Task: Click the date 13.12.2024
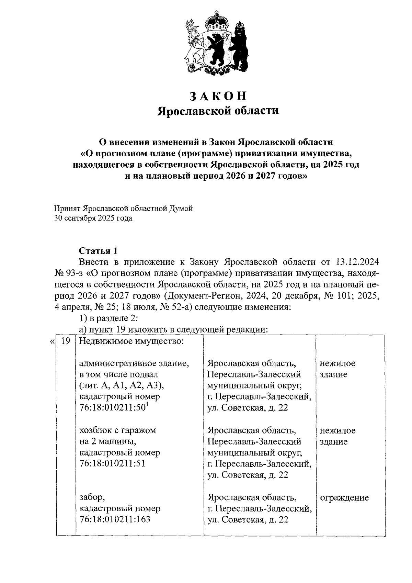[356, 262]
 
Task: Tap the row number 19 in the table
[66, 341]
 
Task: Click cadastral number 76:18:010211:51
[113, 463]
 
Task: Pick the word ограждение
[344, 497]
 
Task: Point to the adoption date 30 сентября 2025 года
[93, 218]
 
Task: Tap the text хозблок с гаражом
[117, 430]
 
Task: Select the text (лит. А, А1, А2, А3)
[122, 385]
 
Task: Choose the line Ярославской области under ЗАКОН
[218, 111]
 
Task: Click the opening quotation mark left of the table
[51, 342]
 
